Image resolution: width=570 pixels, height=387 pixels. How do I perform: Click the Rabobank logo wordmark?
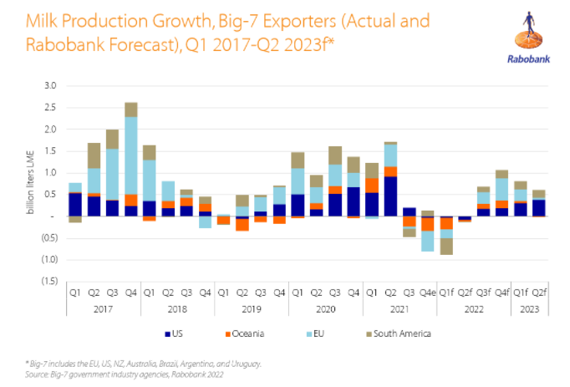click(528, 59)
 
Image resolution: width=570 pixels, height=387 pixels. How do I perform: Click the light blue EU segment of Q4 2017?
click(131, 155)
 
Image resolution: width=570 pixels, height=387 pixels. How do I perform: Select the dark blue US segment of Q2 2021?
click(390, 196)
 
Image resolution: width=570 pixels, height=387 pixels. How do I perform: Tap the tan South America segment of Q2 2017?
click(94, 155)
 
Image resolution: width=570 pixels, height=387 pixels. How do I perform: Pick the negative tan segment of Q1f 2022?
click(446, 247)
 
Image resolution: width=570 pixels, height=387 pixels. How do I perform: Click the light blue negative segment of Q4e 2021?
click(428, 242)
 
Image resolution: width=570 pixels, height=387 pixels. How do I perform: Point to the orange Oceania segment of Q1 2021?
click(372, 186)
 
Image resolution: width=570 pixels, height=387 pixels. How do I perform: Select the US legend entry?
click(174, 334)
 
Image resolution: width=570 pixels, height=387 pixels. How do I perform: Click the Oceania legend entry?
click(245, 334)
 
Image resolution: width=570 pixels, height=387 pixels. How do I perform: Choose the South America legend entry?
click(399, 334)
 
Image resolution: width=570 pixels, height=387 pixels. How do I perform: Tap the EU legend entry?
click(315, 334)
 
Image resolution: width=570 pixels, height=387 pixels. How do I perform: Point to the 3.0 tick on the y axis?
click(50, 86)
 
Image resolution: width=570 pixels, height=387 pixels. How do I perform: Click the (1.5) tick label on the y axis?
click(49, 281)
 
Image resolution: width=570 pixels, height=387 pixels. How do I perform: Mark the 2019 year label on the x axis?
click(252, 309)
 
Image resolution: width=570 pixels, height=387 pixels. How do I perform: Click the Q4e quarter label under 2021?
click(428, 293)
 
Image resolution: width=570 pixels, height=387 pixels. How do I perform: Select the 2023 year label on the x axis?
click(529, 309)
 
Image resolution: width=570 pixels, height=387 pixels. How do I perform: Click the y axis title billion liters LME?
click(31, 182)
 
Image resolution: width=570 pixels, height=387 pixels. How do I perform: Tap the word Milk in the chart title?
click(42, 21)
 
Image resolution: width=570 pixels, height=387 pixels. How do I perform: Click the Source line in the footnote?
click(124, 374)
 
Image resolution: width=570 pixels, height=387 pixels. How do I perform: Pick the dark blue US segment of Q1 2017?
click(75, 205)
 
